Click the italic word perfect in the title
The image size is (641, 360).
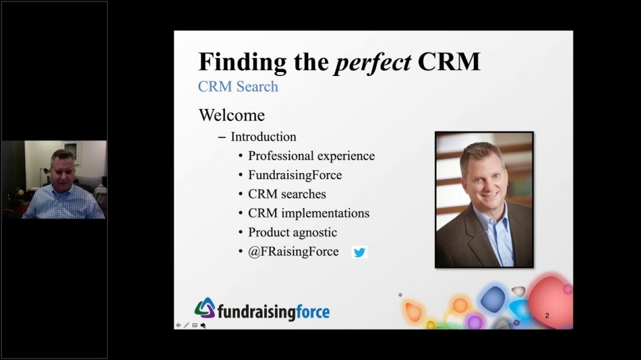point(373,63)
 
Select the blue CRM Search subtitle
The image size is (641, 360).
point(238,87)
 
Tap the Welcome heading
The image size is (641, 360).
point(232,115)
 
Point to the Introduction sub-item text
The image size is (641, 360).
point(264,137)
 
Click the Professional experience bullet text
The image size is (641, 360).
point(311,156)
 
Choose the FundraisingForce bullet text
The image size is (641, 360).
point(295,175)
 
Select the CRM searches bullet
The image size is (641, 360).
point(287,194)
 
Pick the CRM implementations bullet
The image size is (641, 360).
point(309,213)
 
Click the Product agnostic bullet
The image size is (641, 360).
point(293,232)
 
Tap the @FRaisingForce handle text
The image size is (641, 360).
point(293,251)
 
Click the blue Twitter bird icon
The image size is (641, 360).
point(359,252)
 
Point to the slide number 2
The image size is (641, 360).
point(547,316)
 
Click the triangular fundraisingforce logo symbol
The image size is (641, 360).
point(206,308)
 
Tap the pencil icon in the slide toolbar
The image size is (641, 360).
point(186,325)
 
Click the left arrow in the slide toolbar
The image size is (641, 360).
point(178,325)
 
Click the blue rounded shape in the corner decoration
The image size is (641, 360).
point(493,299)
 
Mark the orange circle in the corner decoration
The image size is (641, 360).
point(460,305)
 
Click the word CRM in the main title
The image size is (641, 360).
point(449,62)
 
